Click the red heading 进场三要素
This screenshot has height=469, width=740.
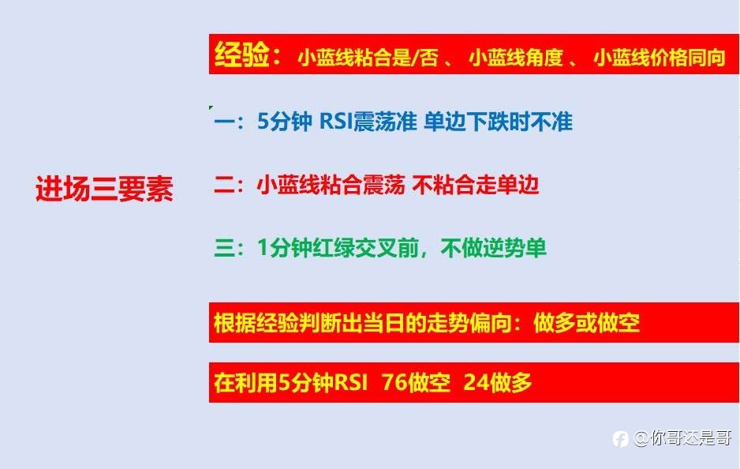pyautogui.click(x=104, y=189)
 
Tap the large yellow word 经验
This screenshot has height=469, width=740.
pyautogui.click(x=241, y=54)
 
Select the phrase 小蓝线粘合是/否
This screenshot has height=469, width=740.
pyautogui.click(x=368, y=58)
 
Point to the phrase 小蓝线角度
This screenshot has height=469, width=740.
pyautogui.click(x=516, y=58)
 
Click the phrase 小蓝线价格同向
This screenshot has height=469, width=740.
pyautogui.click(x=660, y=57)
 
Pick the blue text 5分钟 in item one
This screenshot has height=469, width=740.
pyautogui.click(x=285, y=122)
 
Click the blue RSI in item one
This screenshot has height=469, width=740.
pyautogui.click(x=336, y=122)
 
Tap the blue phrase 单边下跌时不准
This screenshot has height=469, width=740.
pyautogui.click(x=498, y=122)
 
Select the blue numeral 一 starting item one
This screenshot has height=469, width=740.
pyautogui.click(x=224, y=122)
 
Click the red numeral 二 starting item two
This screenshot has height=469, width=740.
pyautogui.click(x=224, y=185)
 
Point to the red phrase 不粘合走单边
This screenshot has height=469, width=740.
pyautogui.click(x=475, y=185)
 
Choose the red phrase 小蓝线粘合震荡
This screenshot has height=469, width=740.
pyautogui.click(x=331, y=185)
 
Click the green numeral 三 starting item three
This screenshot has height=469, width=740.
pyautogui.click(x=224, y=248)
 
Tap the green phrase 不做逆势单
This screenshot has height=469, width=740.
pyautogui.click(x=494, y=248)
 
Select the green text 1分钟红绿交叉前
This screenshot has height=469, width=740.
pyautogui.click(x=338, y=248)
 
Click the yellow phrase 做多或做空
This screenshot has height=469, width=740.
pyautogui.click(x=586, y=323)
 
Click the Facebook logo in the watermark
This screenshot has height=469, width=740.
pyautogui.click(x=620, y=439)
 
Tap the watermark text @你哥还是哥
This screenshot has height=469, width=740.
pyautogui.click(x=682, y=438)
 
